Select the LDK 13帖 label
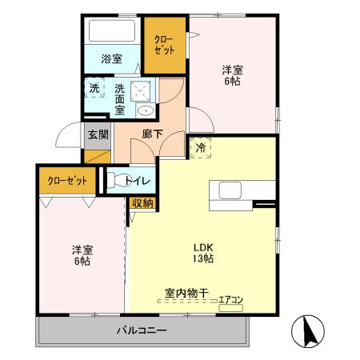pyautogui.click(x=202, y=252)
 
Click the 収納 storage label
pyautogui.click(x=142, y=203)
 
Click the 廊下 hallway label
pyautogui.click(x=152, y=134)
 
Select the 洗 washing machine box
pyautogui.click(x=94, y=87)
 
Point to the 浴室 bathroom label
pyautogui.click(x=112, y=58)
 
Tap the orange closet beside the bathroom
pyautogui.click(x=165, y=43)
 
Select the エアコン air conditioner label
pyautogui.click(x=230, y=299)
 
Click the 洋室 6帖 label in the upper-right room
pyautogui.click(x=232, y=74)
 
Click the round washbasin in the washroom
pyautogui.click(x=145, y=111)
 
